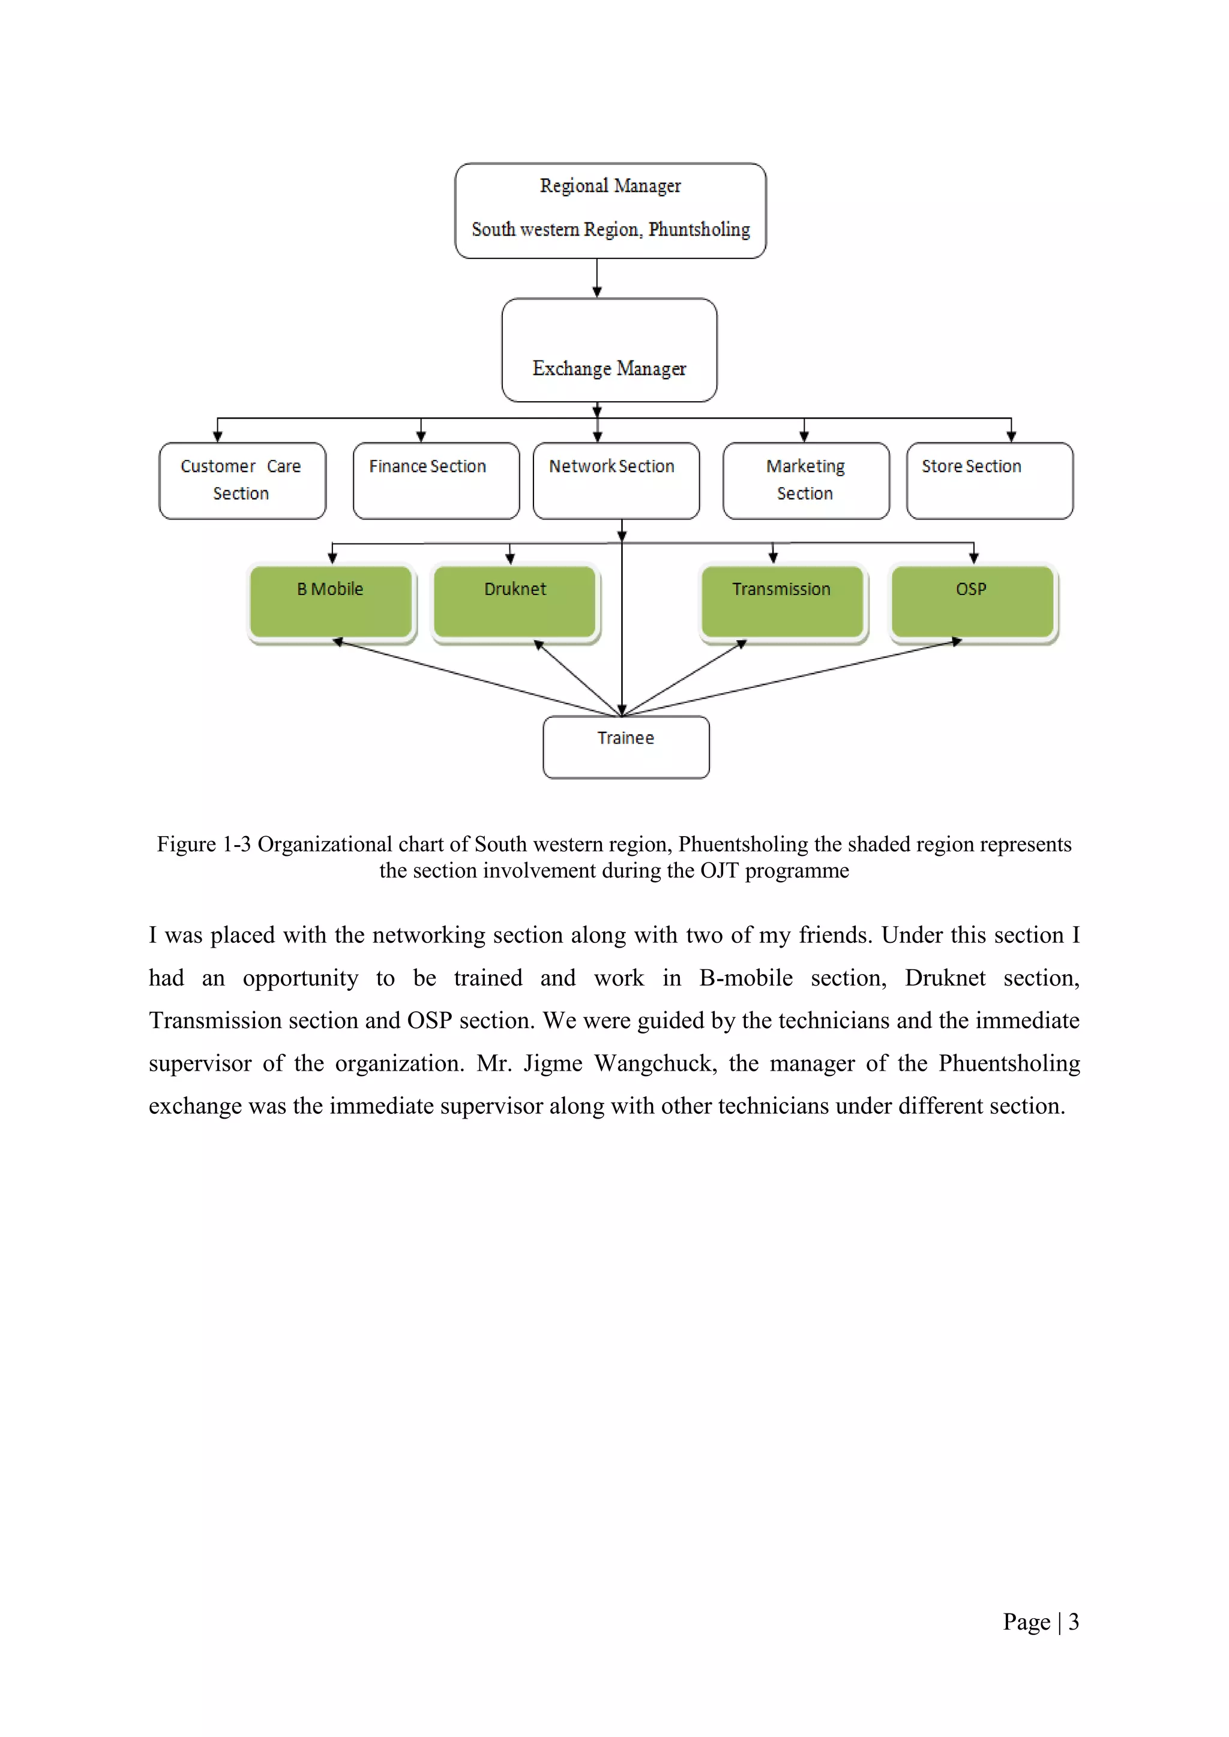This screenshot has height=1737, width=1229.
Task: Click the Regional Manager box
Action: [610, 211]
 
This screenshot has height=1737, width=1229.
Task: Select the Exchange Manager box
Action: [609, 350]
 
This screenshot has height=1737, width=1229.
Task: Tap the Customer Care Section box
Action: [242, 480]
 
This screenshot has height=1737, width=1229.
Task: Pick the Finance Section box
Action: [436, 480]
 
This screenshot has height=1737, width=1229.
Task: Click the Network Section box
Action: [616, 480]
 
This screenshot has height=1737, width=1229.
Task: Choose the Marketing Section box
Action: [806, 480]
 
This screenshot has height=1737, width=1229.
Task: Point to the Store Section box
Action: [989, 480]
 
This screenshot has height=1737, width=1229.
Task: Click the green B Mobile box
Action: [331, 602]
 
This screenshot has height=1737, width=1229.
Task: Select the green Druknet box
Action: [515, 602]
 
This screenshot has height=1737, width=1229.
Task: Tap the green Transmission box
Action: [782, 602]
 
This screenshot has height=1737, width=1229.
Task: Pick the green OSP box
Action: [972, 602]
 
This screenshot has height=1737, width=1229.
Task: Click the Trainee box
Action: [626, 747]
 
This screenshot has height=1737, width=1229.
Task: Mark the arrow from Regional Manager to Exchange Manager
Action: [597, 278]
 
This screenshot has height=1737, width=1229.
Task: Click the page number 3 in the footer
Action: [1073, 1621]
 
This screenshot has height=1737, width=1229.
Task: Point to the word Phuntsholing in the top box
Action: [699, 229]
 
